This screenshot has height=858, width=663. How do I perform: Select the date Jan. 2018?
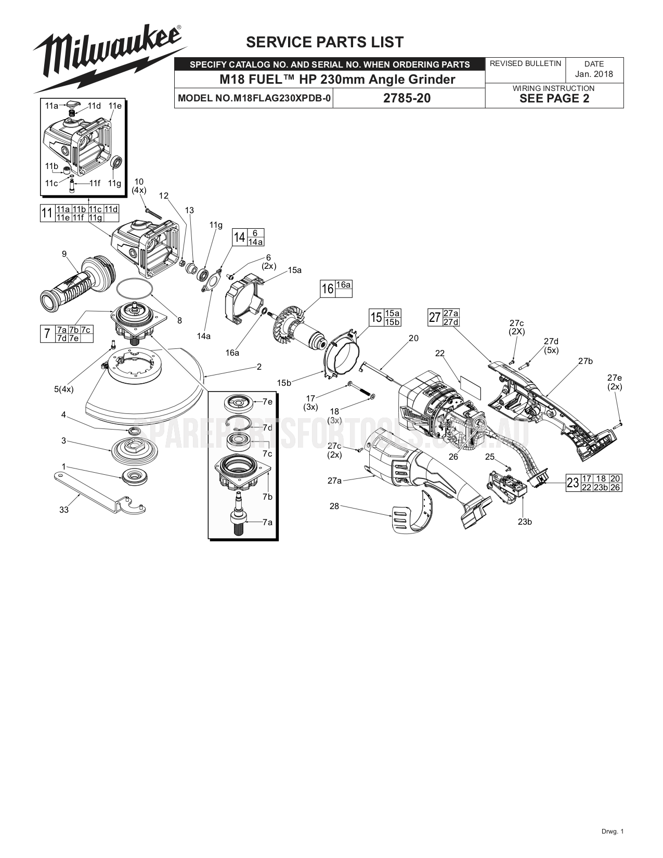594,74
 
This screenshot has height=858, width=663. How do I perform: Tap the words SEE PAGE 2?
554,99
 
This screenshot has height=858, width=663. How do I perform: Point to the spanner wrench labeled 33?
99,491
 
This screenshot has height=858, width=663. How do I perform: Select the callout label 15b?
284,383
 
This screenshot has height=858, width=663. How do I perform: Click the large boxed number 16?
327,289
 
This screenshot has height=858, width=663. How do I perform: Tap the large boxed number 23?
573,483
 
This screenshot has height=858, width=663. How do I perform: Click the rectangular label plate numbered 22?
470,383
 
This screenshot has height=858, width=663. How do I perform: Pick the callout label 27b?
586,361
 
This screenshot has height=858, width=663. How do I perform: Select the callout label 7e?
267,401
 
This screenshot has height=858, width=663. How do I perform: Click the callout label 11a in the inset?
51,106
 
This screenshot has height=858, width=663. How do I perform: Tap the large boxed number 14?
239,238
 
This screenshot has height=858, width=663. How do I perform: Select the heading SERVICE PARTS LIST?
324,42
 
